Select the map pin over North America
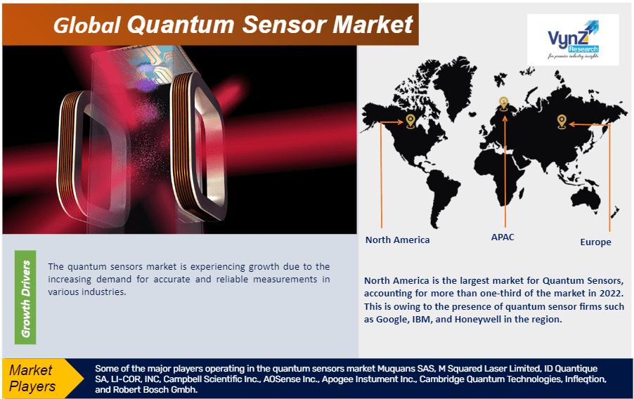pos(410,122)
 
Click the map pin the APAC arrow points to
pos(503,103)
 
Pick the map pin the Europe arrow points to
pos(561,121)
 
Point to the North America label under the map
pos(397,240)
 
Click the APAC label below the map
pos(502,237)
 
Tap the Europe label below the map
pos(595,242)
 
